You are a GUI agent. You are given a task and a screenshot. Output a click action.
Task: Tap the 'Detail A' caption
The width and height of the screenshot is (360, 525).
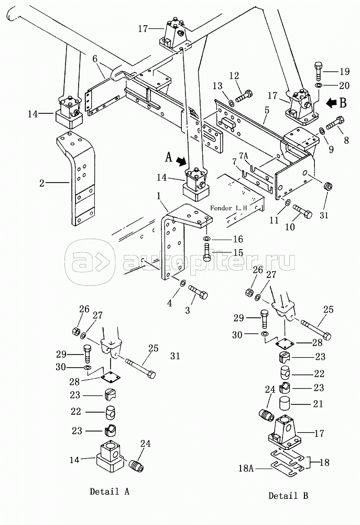(x=110, y=491)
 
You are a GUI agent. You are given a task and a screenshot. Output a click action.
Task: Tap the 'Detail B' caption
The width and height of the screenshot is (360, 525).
(x=288, y=496)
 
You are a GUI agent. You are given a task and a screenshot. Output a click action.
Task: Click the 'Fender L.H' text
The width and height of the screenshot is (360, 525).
(x=228, y=208)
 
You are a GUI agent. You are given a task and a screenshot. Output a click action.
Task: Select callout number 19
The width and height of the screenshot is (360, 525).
(x=344, y=72)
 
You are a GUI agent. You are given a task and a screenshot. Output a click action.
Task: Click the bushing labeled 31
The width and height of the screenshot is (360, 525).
(x=328, y=186)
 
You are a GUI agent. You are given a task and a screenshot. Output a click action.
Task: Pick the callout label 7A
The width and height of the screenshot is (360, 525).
(x=244, y=157)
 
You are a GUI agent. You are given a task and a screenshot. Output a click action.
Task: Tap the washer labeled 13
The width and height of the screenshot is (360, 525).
(x=231, y=101)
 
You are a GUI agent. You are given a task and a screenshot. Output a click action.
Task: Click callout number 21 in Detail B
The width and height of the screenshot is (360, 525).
(x=318, y=404)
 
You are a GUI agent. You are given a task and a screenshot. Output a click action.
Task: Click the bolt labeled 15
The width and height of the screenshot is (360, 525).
(x=207, y=252)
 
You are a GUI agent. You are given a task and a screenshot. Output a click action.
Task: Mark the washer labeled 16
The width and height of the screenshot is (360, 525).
(x=207, y=239)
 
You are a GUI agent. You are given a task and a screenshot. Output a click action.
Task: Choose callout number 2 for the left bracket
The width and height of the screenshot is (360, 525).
(x=42, y=183)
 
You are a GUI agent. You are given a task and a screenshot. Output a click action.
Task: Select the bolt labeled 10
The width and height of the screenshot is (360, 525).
(x=302, y=211)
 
